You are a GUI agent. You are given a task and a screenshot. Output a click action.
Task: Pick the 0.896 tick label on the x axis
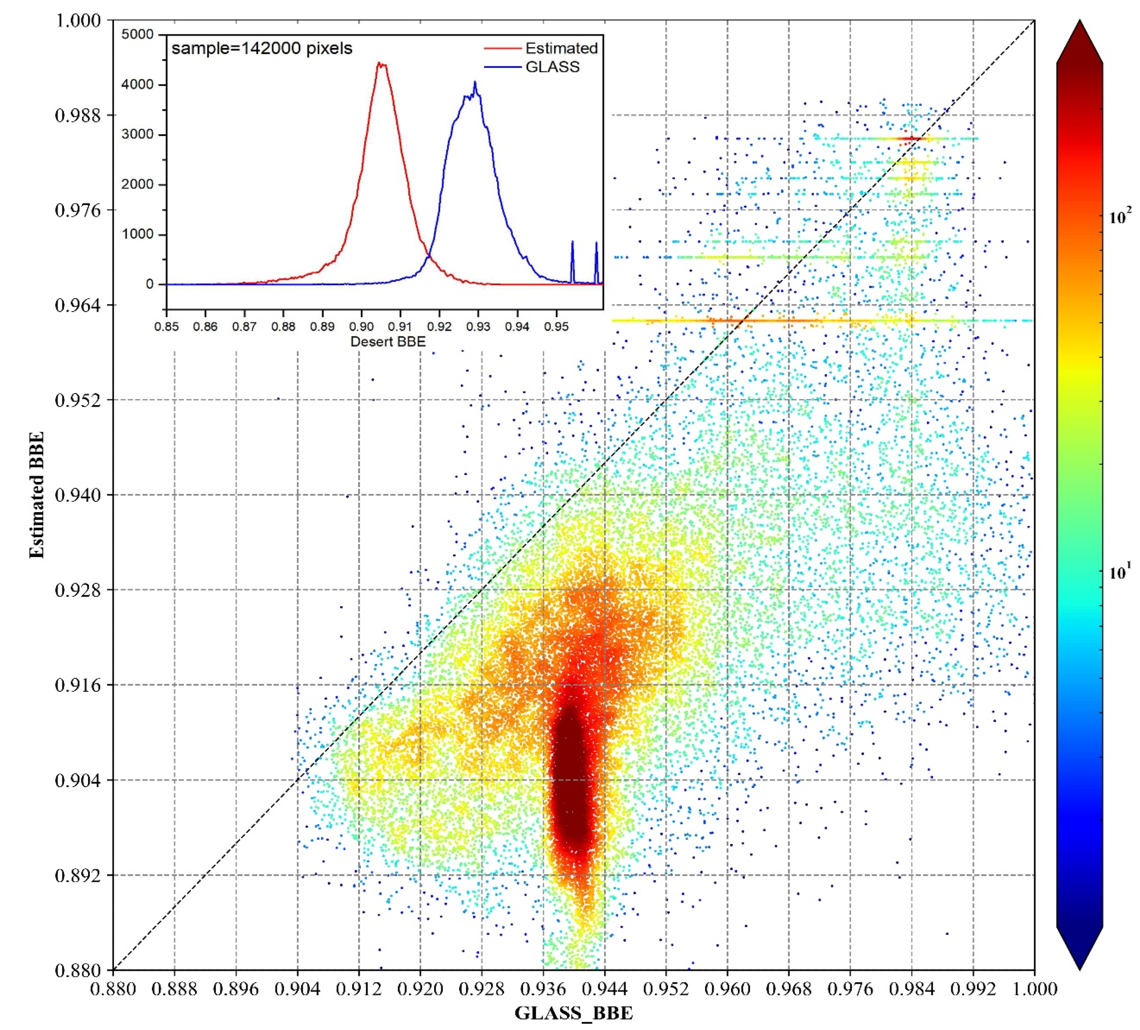[x=236, y=989]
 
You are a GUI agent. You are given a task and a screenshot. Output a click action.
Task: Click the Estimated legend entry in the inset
[x=561, y=49]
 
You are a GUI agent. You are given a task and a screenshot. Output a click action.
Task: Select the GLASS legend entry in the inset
[x=552, y=67]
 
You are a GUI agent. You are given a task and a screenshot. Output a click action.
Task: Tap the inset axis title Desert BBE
[x=388, y=342]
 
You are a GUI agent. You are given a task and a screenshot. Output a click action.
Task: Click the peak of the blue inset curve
[x=475, y=83]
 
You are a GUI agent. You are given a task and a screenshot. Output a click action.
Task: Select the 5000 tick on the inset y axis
[x=138, y=34]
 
